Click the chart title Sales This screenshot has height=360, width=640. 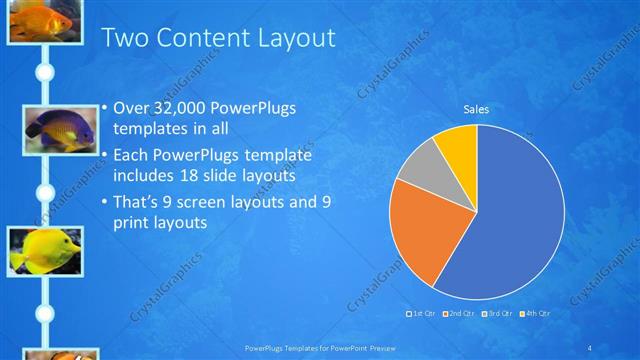click(476, 109)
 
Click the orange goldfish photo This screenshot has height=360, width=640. click(44, 19)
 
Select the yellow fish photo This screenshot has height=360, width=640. click(44, 250)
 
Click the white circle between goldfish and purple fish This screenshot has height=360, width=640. click(44, 72)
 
